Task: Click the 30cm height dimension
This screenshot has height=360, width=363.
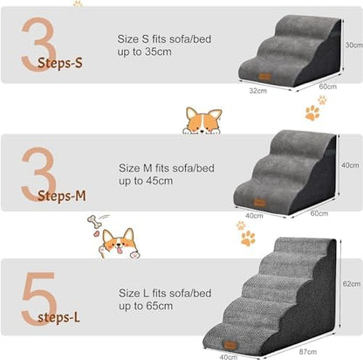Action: [353, 45]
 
